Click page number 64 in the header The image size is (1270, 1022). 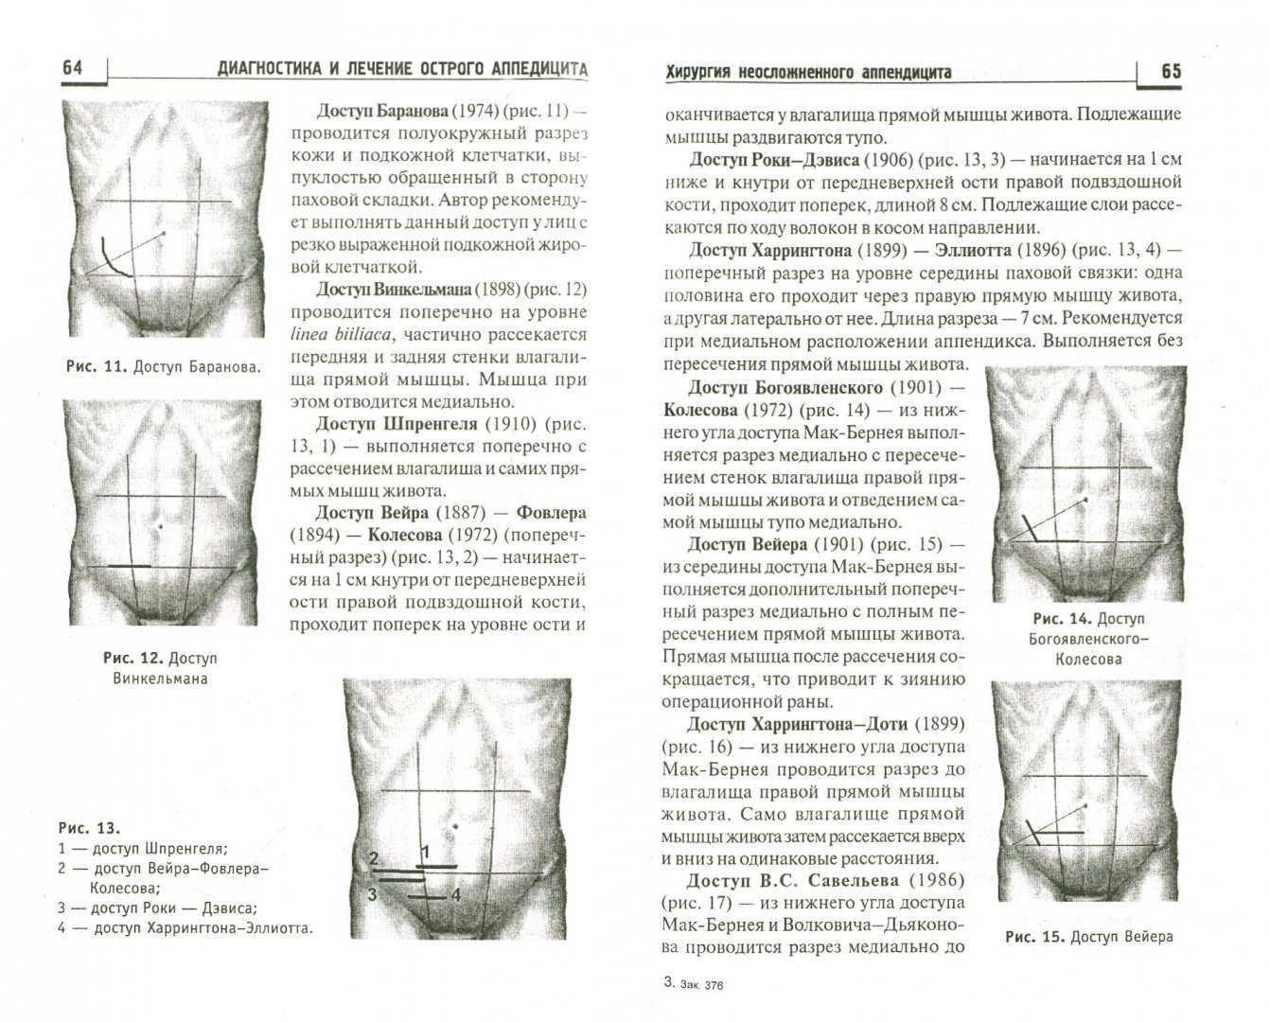(x=72, y=68)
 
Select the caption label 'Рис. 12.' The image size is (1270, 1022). (x=133, y=658)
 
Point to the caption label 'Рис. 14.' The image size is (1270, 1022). (x=1062, y=618)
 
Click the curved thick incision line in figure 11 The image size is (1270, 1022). (x=111, y=261)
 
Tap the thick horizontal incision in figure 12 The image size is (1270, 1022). (x=130, y=565)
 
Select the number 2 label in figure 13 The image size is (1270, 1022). (x=374, y=859)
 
